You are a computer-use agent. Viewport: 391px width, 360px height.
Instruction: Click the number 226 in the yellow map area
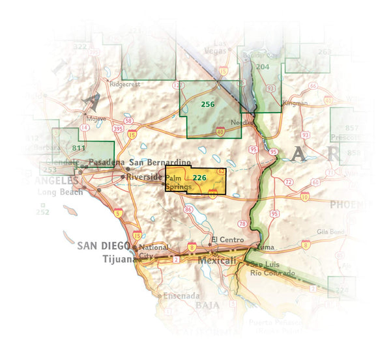200,177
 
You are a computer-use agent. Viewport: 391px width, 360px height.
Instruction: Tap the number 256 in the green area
207,104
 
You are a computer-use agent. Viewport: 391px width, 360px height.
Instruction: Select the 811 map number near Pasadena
79,148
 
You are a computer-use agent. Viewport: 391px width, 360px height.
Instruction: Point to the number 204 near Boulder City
263,66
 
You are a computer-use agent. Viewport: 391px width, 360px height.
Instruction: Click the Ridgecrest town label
125,84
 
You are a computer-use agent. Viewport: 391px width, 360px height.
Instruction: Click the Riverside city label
144,176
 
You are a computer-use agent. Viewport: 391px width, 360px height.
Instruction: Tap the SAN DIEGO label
103,246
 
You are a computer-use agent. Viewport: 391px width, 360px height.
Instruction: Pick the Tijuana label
117,258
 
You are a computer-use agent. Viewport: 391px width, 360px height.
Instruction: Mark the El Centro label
227,240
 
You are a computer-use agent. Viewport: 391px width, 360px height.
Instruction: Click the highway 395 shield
118,129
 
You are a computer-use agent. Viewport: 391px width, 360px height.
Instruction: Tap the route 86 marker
188,209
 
